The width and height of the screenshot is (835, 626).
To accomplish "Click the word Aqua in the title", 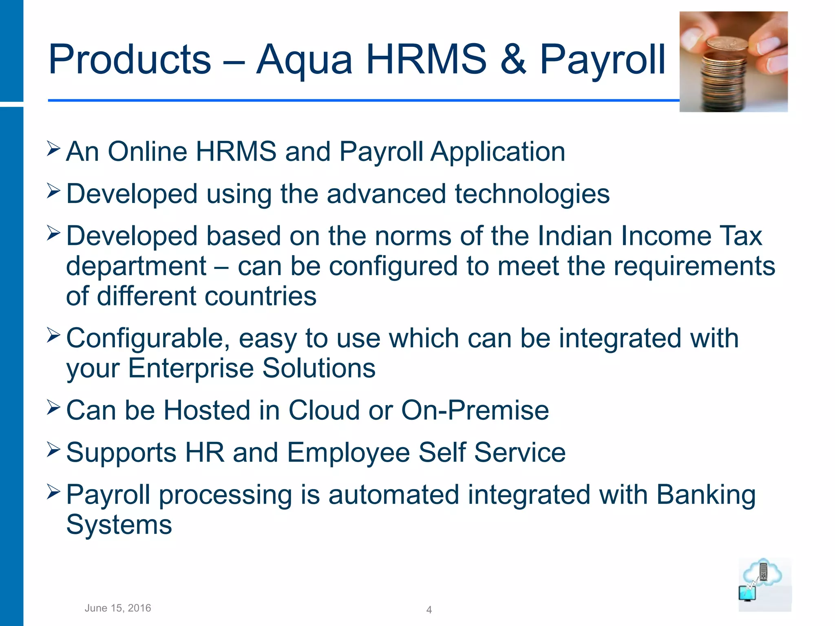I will click(304, 60).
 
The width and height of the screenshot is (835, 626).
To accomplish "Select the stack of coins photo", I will click(733, 62).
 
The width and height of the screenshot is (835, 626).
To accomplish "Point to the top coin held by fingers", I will click(727, 43).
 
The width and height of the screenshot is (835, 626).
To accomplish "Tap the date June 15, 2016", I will click(118, 608).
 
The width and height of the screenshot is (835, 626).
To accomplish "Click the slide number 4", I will click(429, 610).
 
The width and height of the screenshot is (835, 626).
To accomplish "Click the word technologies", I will click(532, 194).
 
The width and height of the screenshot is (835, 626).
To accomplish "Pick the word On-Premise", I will click(475, 410).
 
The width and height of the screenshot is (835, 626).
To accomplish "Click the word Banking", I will click(706, 495).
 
